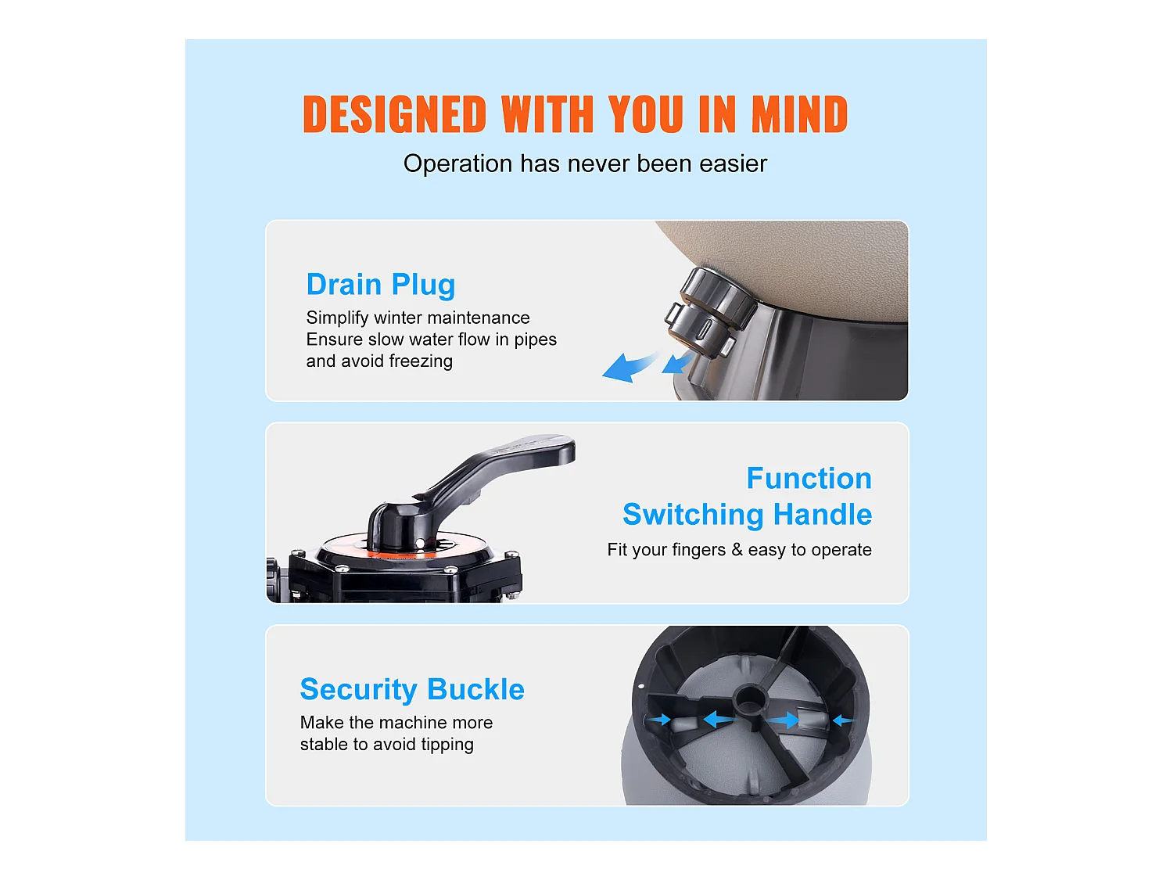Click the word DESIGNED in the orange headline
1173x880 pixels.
pos(394,113)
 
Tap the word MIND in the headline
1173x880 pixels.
pos(799,113)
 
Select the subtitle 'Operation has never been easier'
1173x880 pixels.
pos(585,163)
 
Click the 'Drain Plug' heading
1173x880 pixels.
pos(381,285)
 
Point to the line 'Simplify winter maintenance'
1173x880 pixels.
pos(418,318)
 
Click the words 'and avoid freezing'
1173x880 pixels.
pos(379,361)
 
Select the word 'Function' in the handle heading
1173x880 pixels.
pos(809,478)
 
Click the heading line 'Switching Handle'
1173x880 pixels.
pos(747,514)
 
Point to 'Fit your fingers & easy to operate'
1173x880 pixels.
pos(739,550)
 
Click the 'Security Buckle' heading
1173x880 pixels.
pos(412,689)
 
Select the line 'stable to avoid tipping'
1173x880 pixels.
pos(387,745)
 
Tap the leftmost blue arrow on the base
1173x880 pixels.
pos(659,720)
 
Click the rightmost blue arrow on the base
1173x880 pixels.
pos(843,720)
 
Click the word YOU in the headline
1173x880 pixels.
pos(646,113)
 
